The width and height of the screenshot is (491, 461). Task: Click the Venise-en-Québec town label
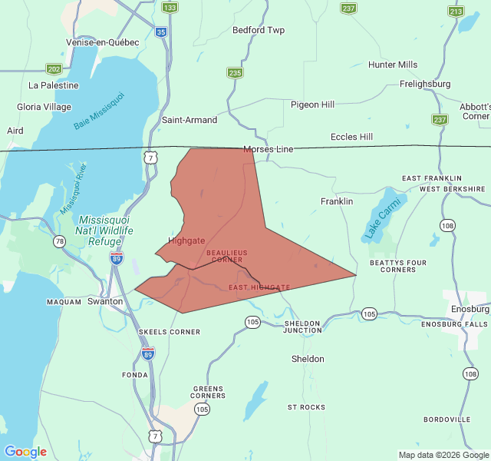[103, 42]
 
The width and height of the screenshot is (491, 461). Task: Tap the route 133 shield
[170, 8]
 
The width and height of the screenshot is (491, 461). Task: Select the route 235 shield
[235, 73]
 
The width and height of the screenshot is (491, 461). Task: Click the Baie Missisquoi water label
[99, 111]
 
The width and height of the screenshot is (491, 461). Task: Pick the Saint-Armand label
[189, 120]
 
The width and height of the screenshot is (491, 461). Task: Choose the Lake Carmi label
[378, 219]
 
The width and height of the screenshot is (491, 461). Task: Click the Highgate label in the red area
[186, 240]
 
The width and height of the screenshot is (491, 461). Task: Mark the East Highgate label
[259, 287]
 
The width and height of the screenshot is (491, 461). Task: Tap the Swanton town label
[105, 301]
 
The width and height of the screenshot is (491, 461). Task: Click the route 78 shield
[60, 241]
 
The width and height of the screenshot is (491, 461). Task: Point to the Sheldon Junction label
[303, 327]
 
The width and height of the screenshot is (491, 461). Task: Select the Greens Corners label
[209, 393]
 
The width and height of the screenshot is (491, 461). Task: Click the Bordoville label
[447, 420]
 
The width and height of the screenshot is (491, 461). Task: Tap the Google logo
[25, 452]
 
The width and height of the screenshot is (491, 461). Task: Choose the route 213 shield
[456, 12]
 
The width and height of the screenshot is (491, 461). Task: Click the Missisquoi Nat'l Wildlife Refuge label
[106, 230]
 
